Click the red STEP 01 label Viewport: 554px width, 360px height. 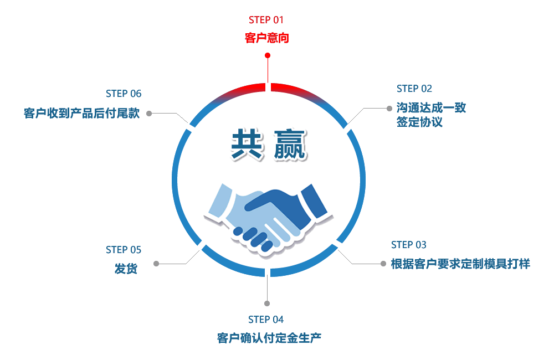(266, 20)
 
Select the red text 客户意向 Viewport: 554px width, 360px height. (267, 38)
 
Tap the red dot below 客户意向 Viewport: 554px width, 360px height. (268, 55)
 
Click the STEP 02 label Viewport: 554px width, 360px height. (414, 89)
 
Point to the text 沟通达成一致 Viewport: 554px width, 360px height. (431, 107)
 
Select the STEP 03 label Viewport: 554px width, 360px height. (409, 245)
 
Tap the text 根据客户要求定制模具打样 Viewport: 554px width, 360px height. (460, 264)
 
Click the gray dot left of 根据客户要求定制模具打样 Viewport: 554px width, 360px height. (383, 264)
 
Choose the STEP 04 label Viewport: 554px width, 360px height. (266, 320)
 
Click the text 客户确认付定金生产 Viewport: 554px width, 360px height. (269, 338)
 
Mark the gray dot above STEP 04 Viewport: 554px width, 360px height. (267, 304)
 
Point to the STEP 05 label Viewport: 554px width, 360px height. (124, 250)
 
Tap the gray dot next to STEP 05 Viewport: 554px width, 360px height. (156, 264)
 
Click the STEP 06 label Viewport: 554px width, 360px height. (124, 94)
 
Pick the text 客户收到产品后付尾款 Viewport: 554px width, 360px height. (81, 113)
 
